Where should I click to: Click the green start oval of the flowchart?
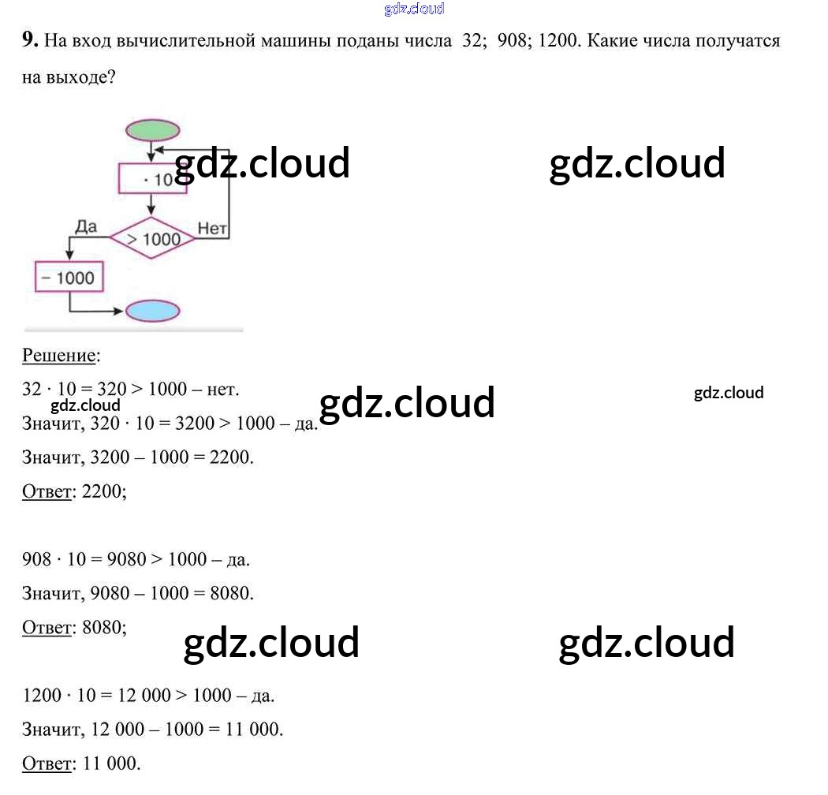[x=152, y=129]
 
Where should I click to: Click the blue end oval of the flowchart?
[x=152, y=311]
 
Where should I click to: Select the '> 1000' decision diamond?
[x=152, y=238]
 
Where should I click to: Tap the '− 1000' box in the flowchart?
[x=69, y=278]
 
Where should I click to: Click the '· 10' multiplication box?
[x=152, y=179]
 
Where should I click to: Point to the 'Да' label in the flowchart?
[x=86, y=227]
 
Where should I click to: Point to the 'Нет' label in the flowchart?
[x=212, y=229]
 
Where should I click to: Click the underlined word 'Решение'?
[x=58, y=356]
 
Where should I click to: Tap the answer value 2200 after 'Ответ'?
[x=100, y=491]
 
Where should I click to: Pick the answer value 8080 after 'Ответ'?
[x=100, y=628]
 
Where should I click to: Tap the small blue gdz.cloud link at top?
[x=414, y=9]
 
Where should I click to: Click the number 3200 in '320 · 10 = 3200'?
[x=194, y=424]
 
